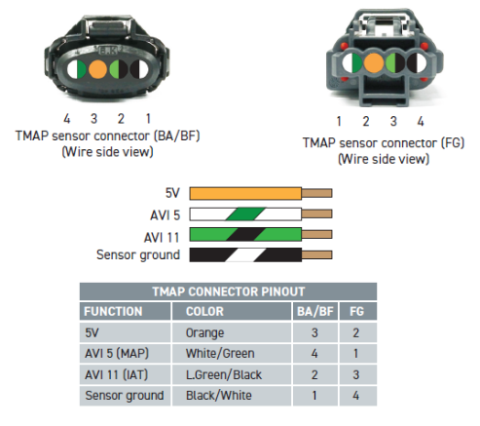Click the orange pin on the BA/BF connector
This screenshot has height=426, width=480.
[97, 69]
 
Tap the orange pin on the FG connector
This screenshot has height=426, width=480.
[374, 63]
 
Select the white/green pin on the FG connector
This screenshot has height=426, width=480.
[352, 63]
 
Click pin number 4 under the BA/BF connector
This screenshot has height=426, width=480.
[67, 119]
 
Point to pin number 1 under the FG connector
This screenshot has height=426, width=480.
[339, 121]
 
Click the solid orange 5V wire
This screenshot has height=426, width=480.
[245, 193]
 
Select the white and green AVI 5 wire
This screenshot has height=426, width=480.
[245, 213]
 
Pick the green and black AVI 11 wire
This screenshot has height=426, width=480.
[245, 234]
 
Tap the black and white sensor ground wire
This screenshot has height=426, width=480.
[245, 254]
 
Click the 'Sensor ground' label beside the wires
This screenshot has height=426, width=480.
[138, 255]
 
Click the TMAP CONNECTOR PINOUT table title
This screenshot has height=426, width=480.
[229, 291]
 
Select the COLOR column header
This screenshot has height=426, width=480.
[204, 311]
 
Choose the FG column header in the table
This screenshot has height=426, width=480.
[356, 311]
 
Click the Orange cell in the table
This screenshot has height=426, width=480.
[204, 332]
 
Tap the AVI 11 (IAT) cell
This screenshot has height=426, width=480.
[116, 375]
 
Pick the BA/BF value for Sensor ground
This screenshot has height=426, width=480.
[314, 396]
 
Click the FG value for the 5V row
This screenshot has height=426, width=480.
[356, 332]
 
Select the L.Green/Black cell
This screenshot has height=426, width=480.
[224, 375]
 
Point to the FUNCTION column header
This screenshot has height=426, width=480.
[113, 311]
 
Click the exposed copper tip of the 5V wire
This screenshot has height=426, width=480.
[316, 193]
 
